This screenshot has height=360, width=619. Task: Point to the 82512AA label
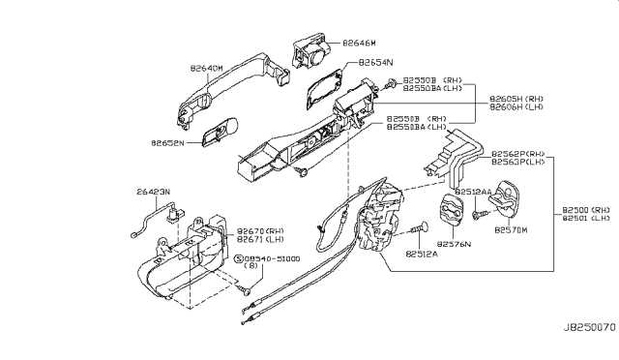(475, 192)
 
